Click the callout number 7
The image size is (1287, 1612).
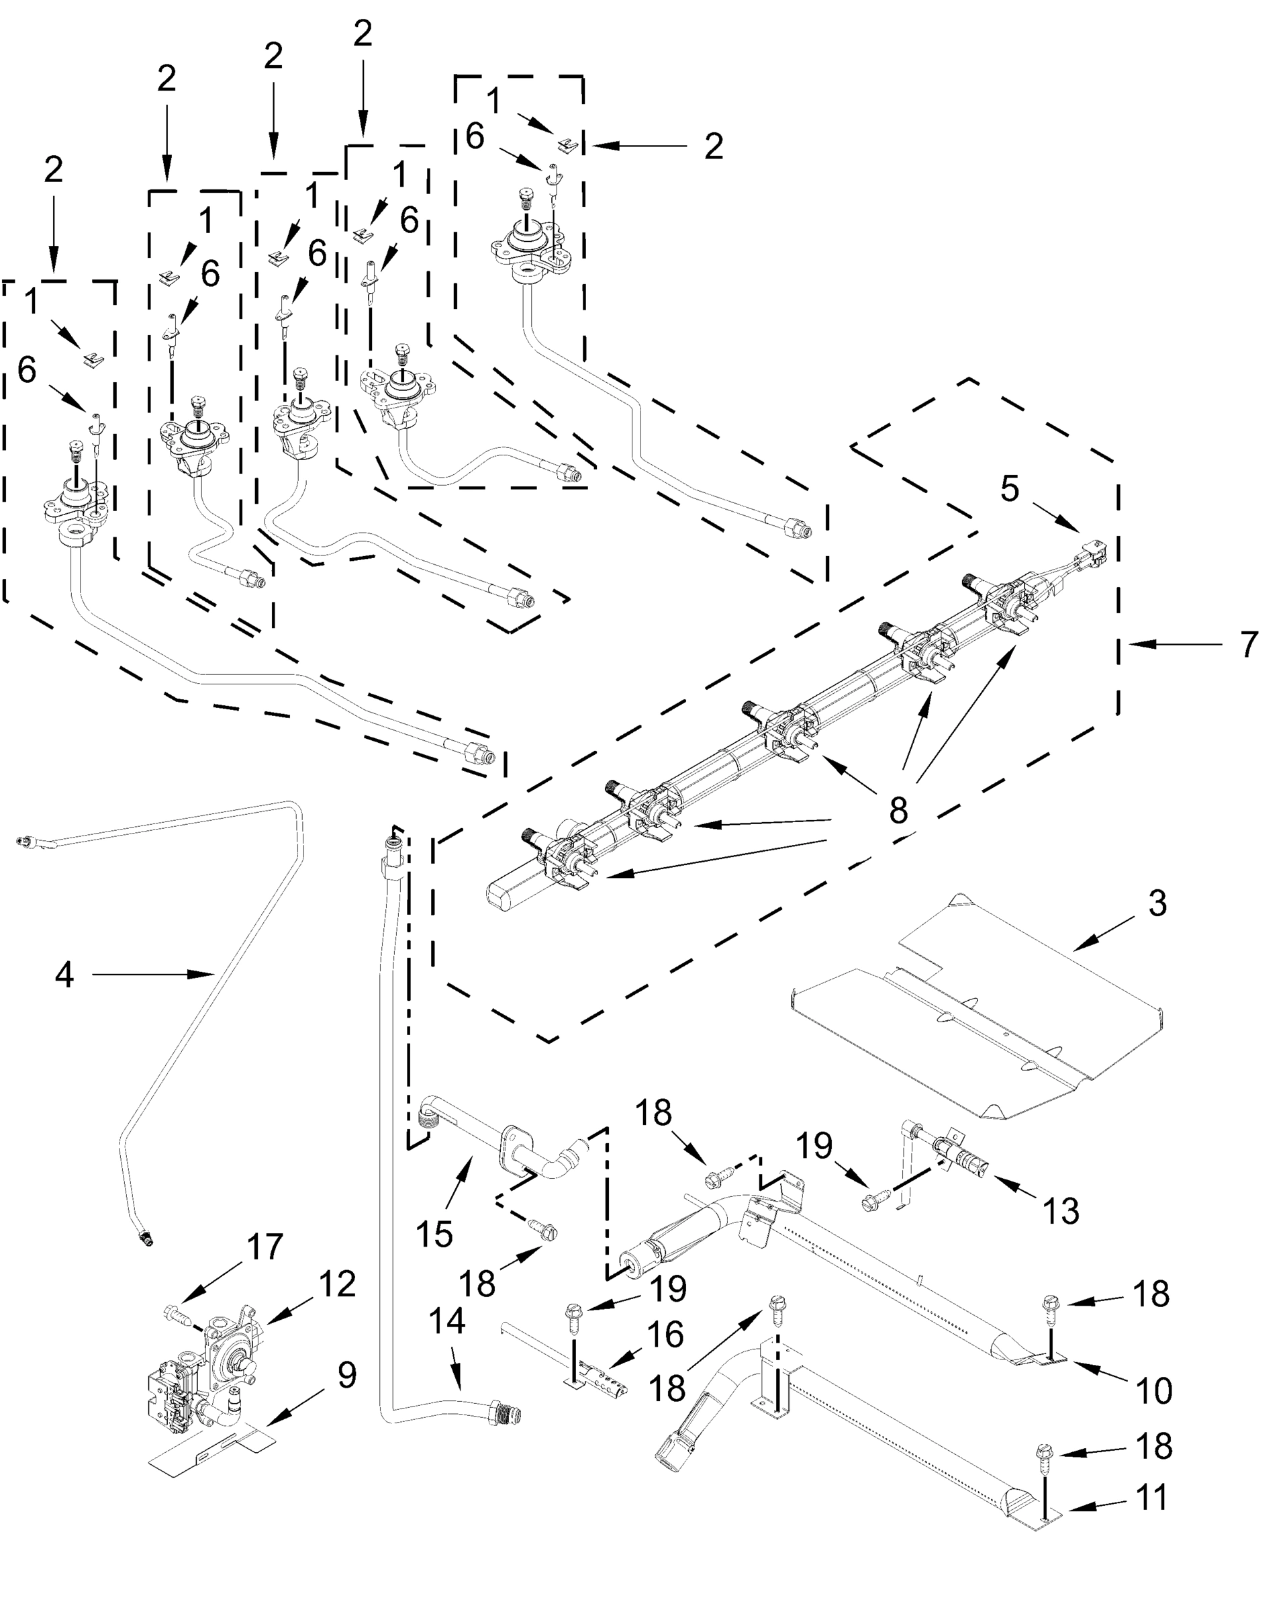1248,645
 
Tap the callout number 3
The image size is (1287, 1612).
1156,903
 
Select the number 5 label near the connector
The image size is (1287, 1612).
1009,489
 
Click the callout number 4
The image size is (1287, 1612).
64,974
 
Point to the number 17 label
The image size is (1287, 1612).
265,1247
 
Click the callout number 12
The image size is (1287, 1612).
337,1284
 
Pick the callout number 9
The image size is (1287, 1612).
346,1374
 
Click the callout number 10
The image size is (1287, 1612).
1154,1391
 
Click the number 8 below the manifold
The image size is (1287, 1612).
898,810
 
